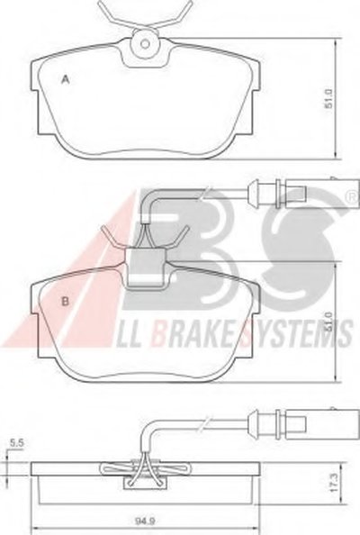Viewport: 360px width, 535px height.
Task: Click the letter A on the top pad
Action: [66, 80]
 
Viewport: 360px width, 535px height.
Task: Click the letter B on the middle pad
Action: [65, 301]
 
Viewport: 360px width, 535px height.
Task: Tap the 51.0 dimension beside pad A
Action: [328, 98]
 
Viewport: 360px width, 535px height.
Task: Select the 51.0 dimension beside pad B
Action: [328, 322]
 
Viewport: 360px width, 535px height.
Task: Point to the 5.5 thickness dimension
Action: [16, 443]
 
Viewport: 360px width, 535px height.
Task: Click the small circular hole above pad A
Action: [145, 44]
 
